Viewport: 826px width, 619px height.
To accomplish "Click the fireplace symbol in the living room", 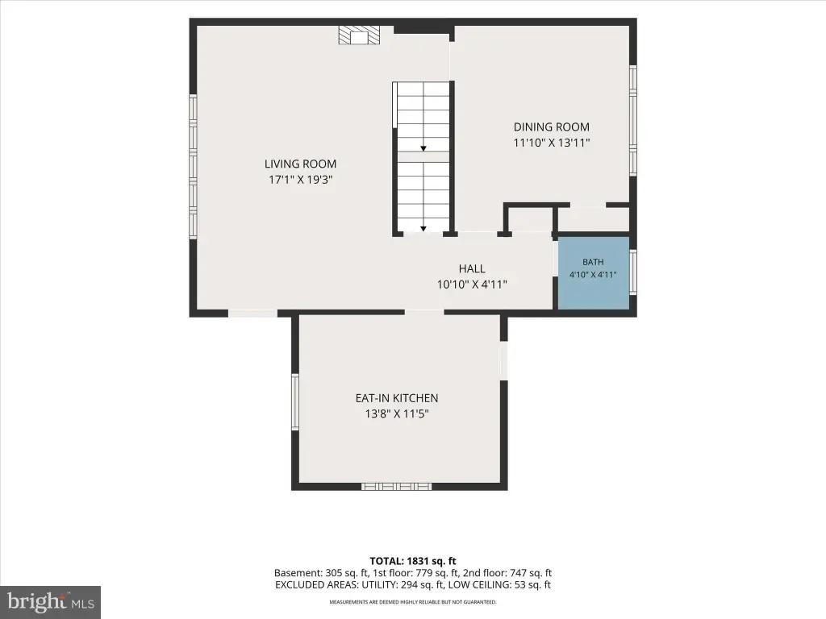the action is (358, 35).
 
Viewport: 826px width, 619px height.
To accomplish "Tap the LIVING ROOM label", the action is (300, 164).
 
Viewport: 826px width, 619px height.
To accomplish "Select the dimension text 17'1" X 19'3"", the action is (300, 180).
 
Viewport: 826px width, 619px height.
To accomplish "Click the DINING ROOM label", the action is (552, 127).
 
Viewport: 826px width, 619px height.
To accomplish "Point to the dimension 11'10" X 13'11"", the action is (552, 143).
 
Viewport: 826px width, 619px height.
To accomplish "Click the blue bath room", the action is (594, 273).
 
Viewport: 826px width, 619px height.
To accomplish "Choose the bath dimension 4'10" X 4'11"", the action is (593, 274).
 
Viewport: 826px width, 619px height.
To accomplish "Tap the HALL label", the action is (472, 268).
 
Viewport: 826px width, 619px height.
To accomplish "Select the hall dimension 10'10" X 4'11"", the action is (472, 285).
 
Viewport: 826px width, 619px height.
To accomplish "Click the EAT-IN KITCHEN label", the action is (397, 398).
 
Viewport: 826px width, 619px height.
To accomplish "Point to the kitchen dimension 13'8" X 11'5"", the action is (397, 413).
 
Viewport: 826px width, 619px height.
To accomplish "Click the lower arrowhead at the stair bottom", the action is (423, 229).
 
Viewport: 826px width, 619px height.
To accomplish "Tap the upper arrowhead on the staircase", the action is (423, 149).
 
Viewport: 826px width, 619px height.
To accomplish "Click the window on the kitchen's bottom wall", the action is (397, 486).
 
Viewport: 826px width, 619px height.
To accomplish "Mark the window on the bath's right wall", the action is (633, 272).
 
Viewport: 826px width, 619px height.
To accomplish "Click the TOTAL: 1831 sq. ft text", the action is (413, 561).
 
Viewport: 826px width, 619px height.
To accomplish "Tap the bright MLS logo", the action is (51, 601).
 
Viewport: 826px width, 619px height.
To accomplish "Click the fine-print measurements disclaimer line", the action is (413, 601).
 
